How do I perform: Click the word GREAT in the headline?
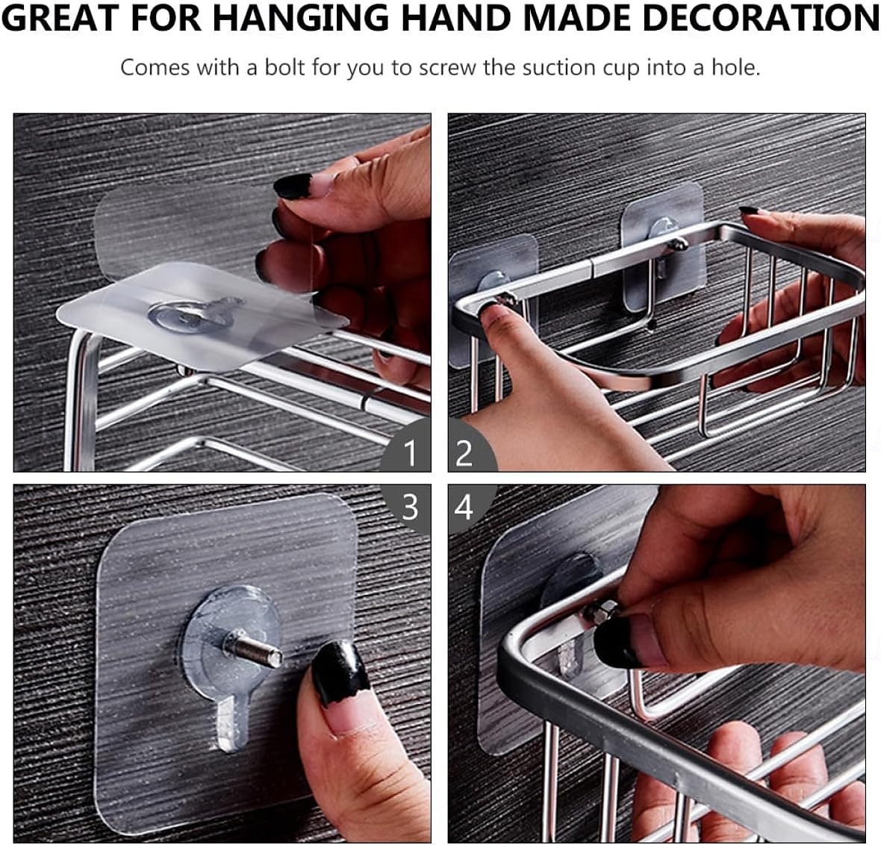tap(61, 18)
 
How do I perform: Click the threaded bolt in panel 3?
tap(253, 650)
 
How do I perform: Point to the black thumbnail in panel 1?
tap(293, 186)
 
